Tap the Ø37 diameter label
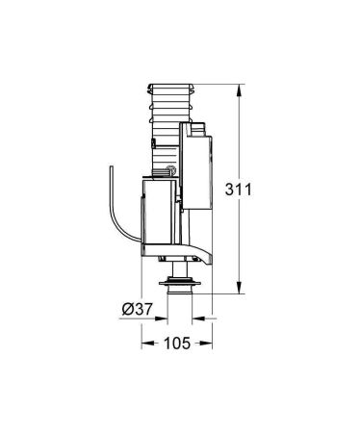click(x=135, y=309)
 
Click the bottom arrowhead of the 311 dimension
click(x=237, y=290)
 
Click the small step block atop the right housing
click(x=198, y=125)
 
